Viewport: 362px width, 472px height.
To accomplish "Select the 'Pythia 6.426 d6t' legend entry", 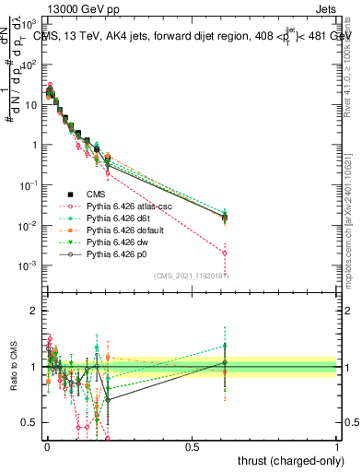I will [x=111, y=218].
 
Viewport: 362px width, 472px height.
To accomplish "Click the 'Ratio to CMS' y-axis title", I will [x=14, y=367].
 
